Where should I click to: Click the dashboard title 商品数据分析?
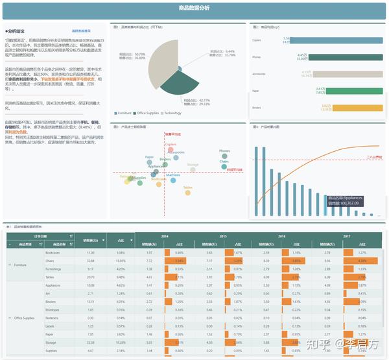pyautogui.click(x=194, y=8)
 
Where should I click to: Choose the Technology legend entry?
pyautogui.click(x=172, y=113)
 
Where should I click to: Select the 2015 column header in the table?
pyautogui.click(x=223, y=236)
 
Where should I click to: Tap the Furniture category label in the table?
pyautogui.click(x=20, y=265)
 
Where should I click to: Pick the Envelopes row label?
pyautogui.click(x=53, y=310)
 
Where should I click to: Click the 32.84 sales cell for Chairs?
pyautogui.click(x=90, y=260)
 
